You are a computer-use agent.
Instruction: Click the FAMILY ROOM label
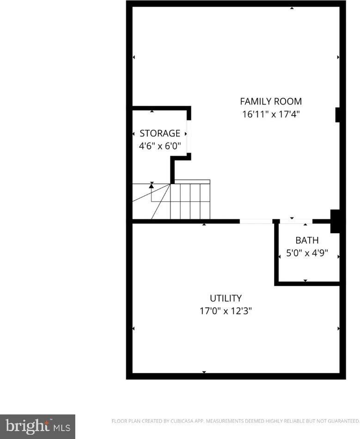tap(270, 101)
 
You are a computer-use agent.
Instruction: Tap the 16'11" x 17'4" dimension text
tap(270, 114)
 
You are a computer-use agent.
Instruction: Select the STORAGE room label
tap(160, 134)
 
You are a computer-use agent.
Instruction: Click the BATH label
tap(307, 241)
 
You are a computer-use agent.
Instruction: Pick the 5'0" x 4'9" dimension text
tap(307, 254)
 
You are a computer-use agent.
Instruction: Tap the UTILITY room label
tap(226, 298)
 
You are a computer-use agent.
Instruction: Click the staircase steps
tap(190, 201)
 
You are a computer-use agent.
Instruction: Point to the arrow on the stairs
tap(152, 185)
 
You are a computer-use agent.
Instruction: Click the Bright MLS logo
tap(37, 426)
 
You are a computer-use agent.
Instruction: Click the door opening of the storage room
tap(189, 134)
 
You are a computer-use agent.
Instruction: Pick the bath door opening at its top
tap(296, 222)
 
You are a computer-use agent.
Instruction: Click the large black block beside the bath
tap(336, 221)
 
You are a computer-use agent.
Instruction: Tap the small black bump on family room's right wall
tap(338, 114)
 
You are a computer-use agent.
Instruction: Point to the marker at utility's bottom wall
tap(204, 372)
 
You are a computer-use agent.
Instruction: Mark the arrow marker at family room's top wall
tap(292, 8)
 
